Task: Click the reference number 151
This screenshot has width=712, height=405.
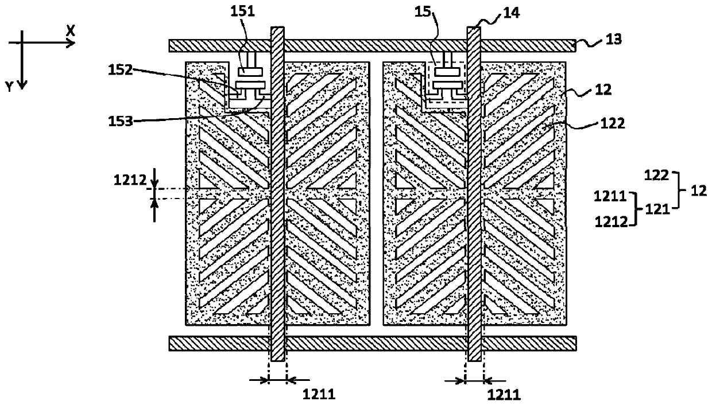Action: pyautogui.click(x=247, y=10)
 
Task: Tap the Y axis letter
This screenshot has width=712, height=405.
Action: pyautogui.click(x=9, y=86)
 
